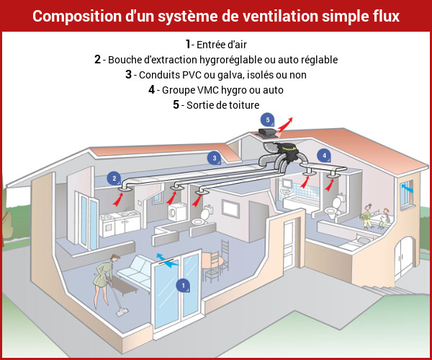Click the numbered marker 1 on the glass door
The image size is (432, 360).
click(x=183, y=286)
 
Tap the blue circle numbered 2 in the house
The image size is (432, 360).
click(x=114, y=178)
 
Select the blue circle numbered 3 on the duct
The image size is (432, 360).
click(x=214, y=158)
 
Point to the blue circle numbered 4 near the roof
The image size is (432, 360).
click(x=325, y=155)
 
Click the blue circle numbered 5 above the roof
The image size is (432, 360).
click(x=267, y=120)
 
